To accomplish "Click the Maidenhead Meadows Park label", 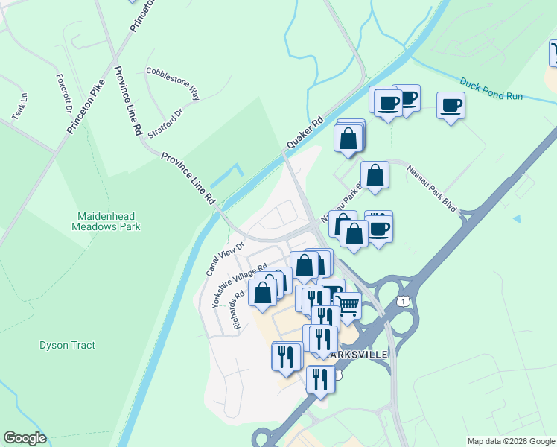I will point(109,221).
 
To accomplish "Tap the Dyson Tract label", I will point(67,346).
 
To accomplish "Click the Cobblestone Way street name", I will point(174,82).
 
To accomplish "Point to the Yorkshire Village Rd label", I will point(239,286).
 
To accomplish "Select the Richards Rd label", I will point(238,309).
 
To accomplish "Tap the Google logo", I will point(25,438).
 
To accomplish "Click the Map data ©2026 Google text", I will point(511,441).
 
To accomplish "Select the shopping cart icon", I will point(347,305).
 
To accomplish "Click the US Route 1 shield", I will point(403,299).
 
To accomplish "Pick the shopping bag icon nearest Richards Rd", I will point(263,292).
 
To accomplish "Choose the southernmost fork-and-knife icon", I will point(320,379).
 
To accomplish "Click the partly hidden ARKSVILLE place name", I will point(363,355).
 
